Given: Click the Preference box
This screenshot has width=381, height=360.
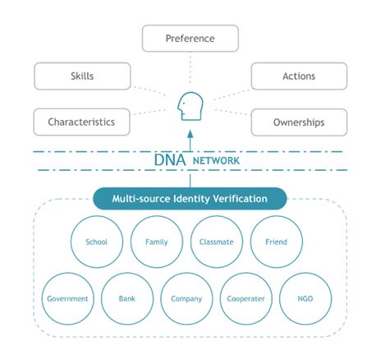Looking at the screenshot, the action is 190,39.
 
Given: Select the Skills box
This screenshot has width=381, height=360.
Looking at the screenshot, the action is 82,76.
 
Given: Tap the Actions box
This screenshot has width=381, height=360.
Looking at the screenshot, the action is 299,76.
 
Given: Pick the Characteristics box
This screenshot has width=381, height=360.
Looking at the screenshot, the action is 81,122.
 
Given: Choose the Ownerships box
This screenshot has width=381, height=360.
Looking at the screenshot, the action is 299,122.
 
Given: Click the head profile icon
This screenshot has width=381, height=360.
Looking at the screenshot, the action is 190,106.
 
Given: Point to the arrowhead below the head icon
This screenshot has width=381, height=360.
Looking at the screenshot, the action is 190,134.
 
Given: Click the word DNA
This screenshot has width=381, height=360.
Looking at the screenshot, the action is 170,160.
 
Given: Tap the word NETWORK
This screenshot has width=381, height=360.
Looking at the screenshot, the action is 216,161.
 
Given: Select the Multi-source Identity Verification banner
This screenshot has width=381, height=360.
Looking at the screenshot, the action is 190,199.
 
